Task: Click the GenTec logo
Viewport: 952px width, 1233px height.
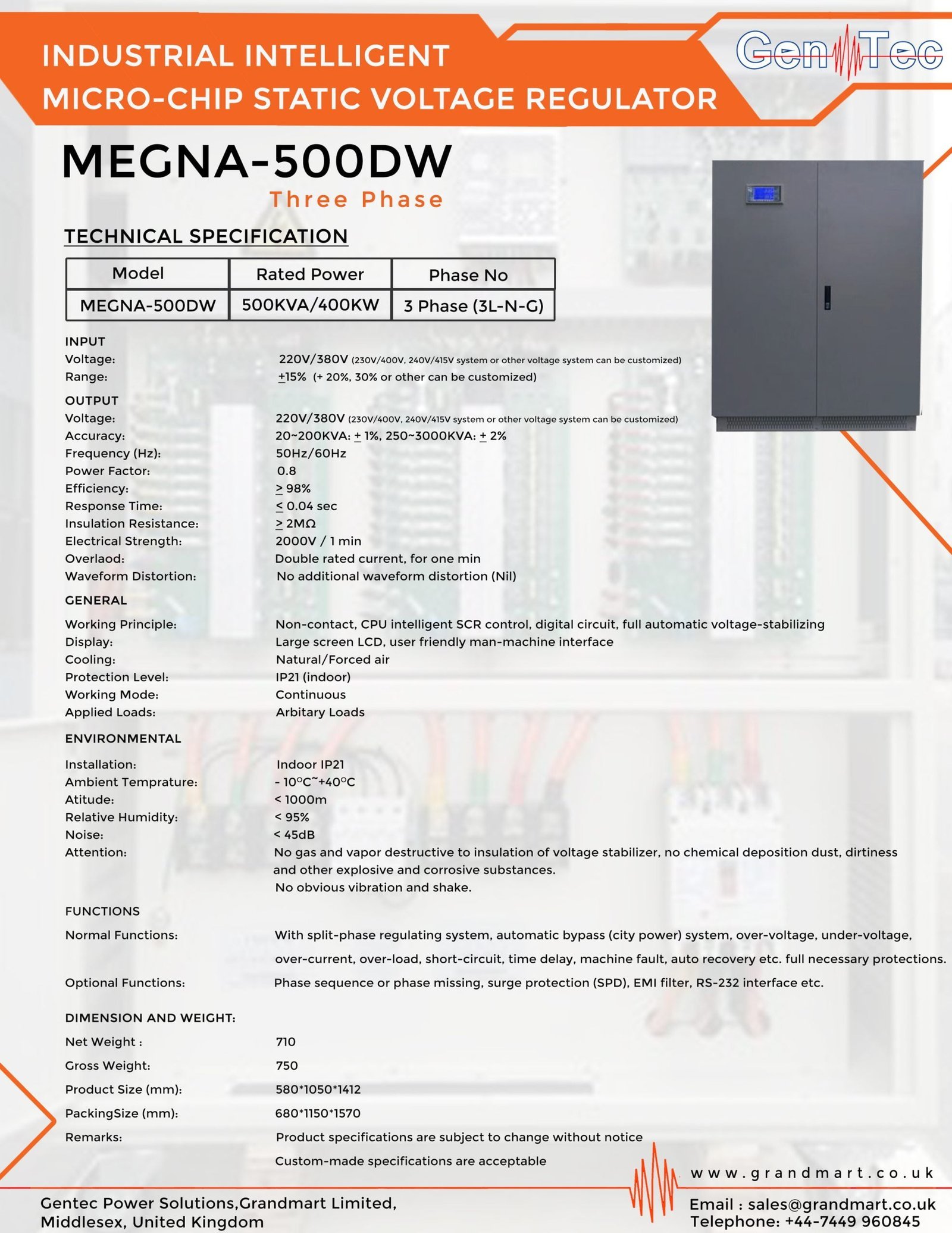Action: tap(839, 52)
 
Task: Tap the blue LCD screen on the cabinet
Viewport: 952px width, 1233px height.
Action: tap(763, 193)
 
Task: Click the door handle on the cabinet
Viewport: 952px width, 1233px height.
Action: tap(827, 297)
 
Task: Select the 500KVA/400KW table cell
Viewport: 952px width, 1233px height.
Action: tap(310, 305)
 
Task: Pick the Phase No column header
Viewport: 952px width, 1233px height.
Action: tap(468, 274)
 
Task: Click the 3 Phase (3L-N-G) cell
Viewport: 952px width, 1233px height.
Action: tap(474, 306)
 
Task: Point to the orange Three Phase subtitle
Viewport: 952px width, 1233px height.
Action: tap(357, 199)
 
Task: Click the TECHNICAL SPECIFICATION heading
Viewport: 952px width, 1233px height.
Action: tap(206, 236)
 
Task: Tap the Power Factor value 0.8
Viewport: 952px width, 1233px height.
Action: tap(286, 471)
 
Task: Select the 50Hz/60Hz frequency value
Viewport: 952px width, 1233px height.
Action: tap(311, 453)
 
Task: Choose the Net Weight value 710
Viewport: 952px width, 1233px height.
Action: tap(286, 1041)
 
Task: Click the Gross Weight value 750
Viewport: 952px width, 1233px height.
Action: tap(287, 1065)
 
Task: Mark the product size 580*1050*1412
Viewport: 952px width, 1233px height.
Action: tap(318, 1089)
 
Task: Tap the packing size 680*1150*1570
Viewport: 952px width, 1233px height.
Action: tap(318, 1113)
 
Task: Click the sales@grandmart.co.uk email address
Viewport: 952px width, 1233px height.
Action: tap(841, 1204)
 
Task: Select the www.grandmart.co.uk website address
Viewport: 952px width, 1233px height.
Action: tap(812, 1173)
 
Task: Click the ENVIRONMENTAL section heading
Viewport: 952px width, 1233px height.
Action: tap(123, 738)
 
